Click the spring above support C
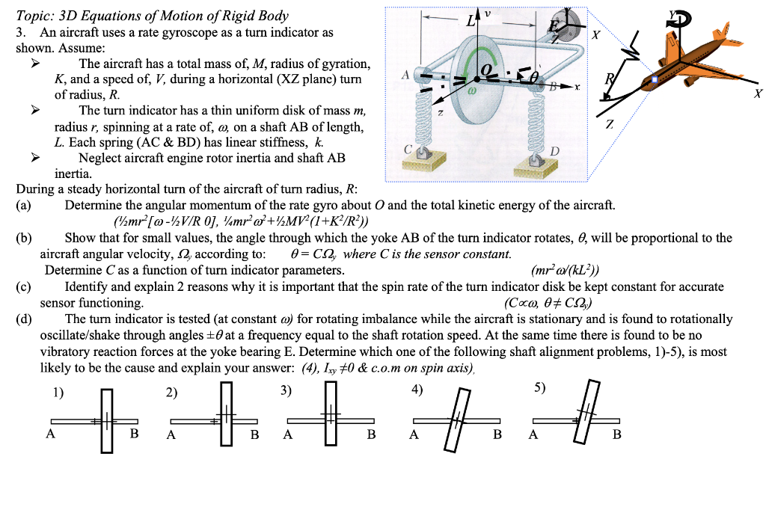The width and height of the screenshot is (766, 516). [x=425, y=119]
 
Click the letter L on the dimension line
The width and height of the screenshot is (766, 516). [x=472, y=20]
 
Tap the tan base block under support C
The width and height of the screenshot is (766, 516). [x=423, y=159]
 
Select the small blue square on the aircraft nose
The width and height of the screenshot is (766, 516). [x=655, y=79]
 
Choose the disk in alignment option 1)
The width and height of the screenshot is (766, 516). [x=108, y=422]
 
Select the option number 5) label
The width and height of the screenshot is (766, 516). [x=540, y=389]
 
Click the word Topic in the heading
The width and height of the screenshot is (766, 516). [x=31, y=15]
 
